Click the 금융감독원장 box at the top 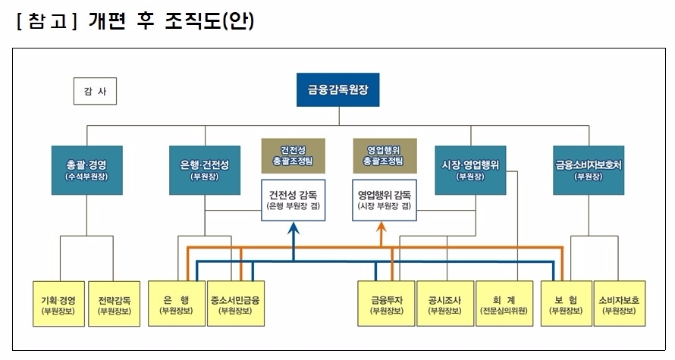337,89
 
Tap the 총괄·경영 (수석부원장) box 86,168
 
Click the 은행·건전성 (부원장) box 205,168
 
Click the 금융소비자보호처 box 589,168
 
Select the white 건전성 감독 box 293,200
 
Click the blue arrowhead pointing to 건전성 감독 293,229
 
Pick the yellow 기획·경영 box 58,304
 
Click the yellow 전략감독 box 115,304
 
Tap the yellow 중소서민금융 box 235,304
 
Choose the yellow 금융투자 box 386,304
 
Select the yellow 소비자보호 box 619,304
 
